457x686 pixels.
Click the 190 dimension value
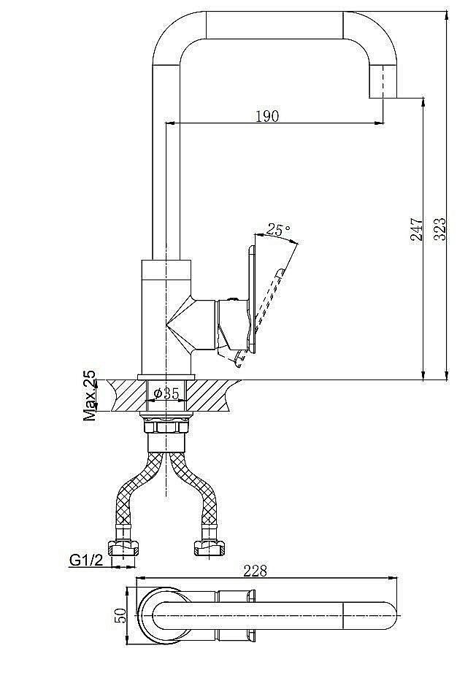coord(267,116)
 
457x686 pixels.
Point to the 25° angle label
coord(278,230)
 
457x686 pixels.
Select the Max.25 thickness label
coord(90,396)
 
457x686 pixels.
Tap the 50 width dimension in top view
coord(121,614)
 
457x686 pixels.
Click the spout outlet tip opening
coord(383,96)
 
